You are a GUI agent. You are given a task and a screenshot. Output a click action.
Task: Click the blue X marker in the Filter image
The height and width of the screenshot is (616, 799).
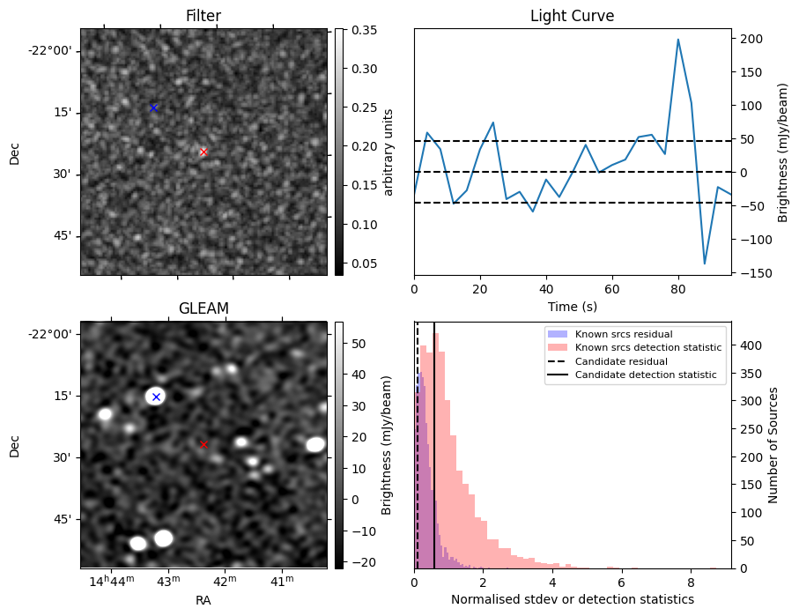153,108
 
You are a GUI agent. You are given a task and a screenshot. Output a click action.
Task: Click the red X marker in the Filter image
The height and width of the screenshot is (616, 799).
203,152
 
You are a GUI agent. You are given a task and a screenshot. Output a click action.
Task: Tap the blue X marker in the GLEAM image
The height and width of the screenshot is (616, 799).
156,397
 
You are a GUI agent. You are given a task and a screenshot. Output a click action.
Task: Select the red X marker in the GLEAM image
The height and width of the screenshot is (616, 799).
203,444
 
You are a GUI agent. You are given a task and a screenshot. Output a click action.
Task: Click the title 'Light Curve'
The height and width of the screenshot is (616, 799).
572,16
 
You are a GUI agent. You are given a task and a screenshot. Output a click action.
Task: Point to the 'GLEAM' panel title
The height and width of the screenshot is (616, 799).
203,308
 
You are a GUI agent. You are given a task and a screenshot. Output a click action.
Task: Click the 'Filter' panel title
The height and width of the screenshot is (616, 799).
203,16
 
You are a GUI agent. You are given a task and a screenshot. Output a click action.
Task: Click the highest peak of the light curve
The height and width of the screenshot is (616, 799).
677,39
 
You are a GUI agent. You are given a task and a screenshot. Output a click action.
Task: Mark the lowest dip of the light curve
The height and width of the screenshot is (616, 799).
705,263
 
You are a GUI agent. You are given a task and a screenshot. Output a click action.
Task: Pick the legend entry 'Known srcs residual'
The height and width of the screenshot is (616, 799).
623,334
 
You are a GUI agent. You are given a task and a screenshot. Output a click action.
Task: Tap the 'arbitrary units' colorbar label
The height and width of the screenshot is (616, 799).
389,152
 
